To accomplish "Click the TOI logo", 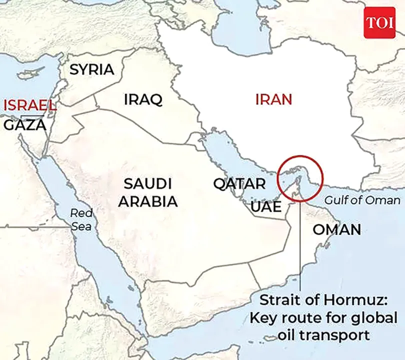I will [379, 22].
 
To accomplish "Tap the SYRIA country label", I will [91, 69].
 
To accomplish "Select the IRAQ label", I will [143, 99].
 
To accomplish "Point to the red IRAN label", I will [273, 99].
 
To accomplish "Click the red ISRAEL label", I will [29, 105].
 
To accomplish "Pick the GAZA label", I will [25, 125].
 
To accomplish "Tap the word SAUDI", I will [147, 183].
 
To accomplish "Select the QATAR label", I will [239, 184].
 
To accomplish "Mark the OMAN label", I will [336, 230].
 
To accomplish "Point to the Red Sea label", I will [81, 219].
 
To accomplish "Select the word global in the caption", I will [373, 317].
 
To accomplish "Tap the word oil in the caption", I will [286, 334].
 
